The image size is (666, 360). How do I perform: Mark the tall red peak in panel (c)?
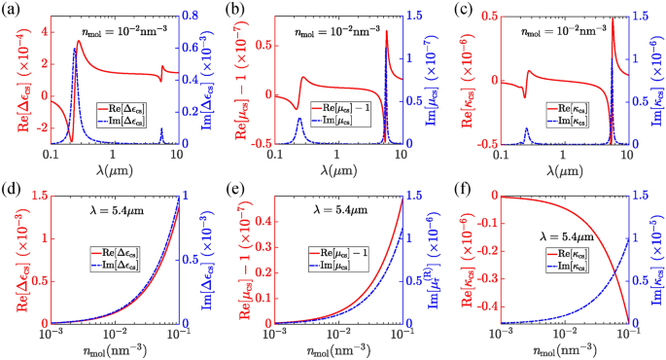coord(613,19)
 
